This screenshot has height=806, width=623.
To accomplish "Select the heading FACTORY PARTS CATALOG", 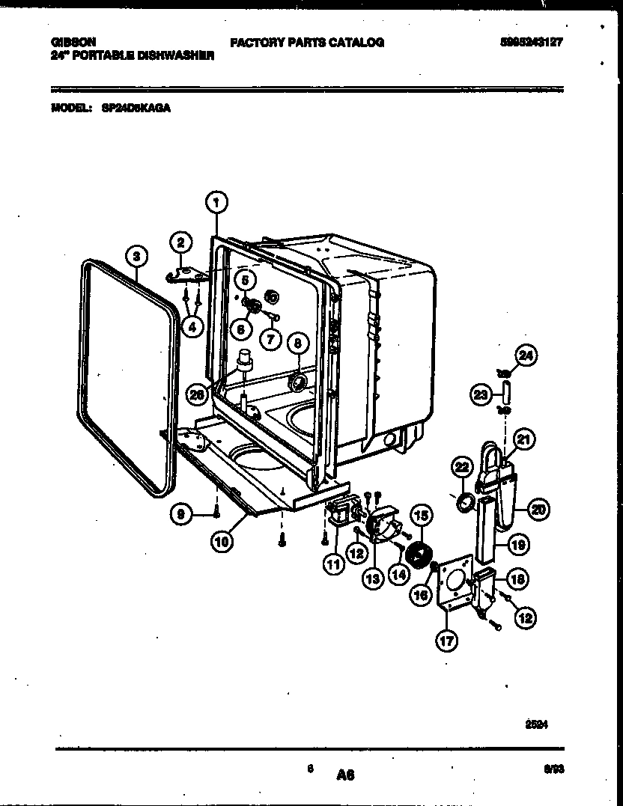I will click(x=307, y=43).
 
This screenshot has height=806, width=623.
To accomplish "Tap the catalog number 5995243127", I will click(x=531, y=43).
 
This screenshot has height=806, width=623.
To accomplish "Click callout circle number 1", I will click(x=216, y=201).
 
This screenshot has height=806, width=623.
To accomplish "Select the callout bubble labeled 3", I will click(x=135, y=256).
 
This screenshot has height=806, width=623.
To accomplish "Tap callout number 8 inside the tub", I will click(x=297, y=343).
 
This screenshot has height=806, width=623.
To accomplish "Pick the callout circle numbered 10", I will click(x=221, y=542).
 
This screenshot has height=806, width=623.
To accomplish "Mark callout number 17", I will click(x=448, y=640).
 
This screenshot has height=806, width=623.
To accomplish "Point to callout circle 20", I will click(x=538, y=510).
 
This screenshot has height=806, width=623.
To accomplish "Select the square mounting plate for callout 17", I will click(x=455, y=584).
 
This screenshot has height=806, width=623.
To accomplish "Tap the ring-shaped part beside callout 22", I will click(x=464, y=502).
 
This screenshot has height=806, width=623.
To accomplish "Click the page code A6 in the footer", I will click(x=345, y=776).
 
